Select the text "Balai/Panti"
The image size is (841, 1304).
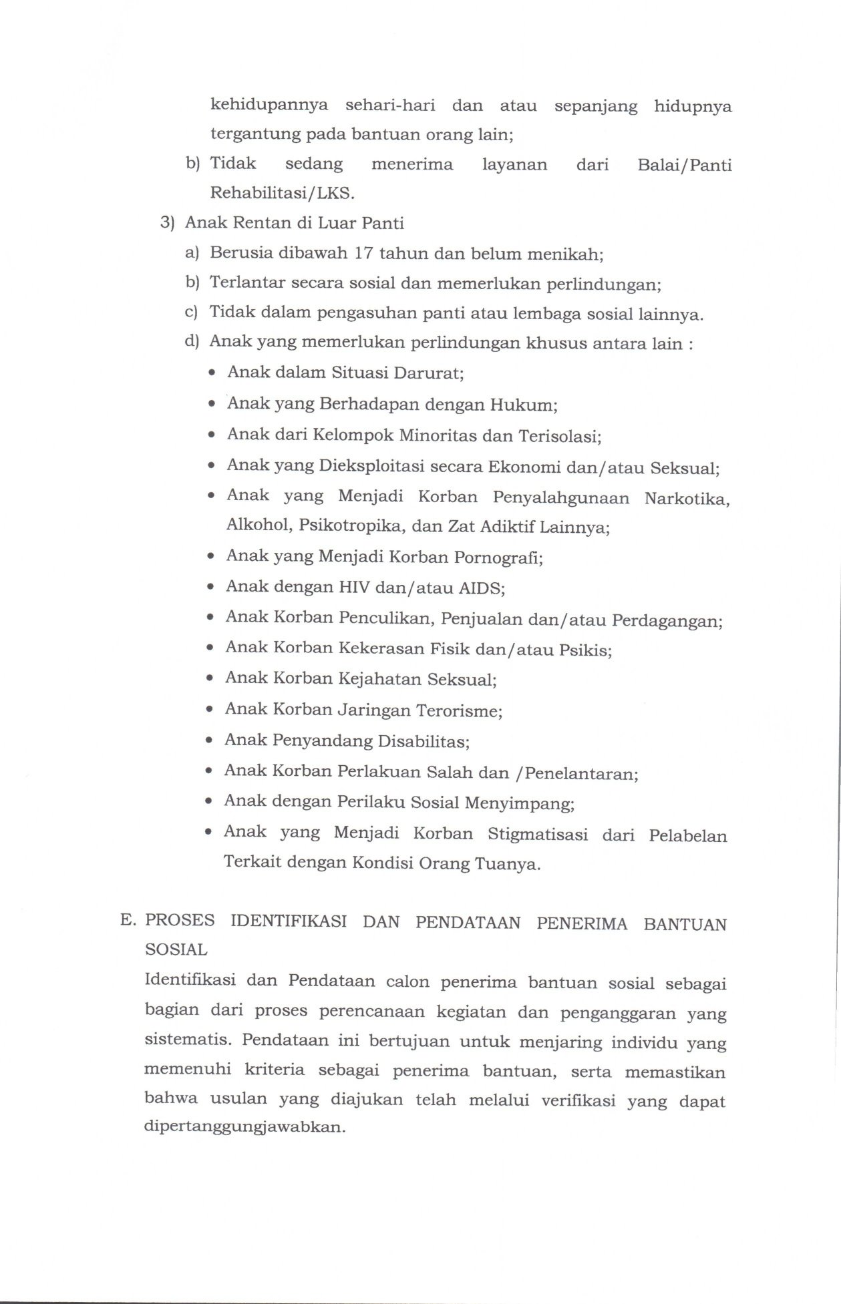[685, 165]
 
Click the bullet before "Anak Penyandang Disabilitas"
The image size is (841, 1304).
[210, 741]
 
